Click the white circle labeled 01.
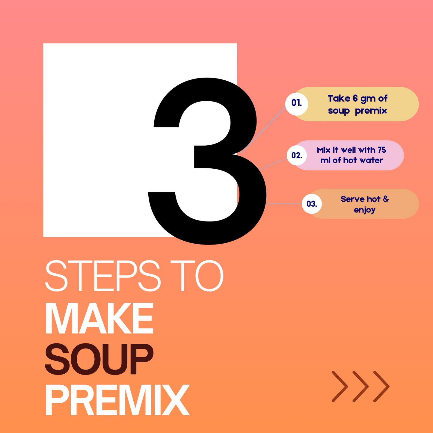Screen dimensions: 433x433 tap(296, 104)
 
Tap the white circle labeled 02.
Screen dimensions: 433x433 tap(297, 155)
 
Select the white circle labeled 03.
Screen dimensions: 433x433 tap(312, 204)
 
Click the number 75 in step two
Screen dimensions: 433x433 tap(382, 150)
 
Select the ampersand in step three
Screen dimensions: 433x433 tap(386, 199)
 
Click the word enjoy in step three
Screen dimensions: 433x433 tap(364, 210)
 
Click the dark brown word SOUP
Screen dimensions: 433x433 tap(99, 359)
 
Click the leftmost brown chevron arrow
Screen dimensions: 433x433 tap(340, 387)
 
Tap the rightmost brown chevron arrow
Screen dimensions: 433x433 tap(381, 387)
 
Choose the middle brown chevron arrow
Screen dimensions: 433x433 tap(360, 387)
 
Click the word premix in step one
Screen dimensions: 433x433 tap(371, 111)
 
